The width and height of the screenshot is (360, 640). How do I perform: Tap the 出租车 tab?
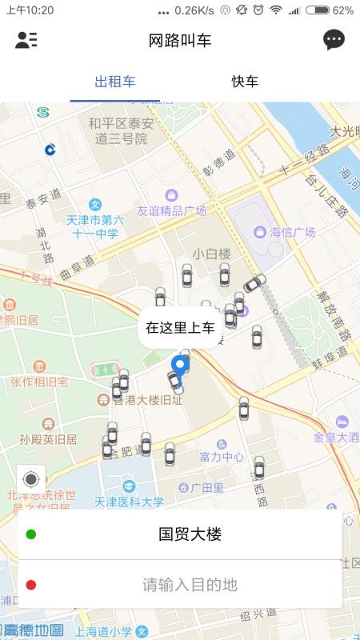[114, 82]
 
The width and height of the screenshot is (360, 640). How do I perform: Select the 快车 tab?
[245, 82]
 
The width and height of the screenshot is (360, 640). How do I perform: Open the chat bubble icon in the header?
[334, 40]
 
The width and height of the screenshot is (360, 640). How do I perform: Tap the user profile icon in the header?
[26, 40]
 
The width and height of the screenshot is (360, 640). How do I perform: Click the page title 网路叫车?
[180, 41]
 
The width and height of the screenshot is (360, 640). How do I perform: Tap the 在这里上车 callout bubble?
[180, 327]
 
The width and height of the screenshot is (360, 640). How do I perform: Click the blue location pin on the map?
[182, 367]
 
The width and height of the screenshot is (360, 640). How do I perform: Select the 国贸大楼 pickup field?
[190, 534]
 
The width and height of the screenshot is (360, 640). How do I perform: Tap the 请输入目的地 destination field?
[190, 585]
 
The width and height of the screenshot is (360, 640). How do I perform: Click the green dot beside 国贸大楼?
[30, 534]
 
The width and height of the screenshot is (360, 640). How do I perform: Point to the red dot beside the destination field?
[30, 585]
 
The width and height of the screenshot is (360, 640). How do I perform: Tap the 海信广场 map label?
[291, 232]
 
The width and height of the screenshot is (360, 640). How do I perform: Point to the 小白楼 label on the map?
[211, 254]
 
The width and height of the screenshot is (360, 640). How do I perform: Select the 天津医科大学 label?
[129, 502]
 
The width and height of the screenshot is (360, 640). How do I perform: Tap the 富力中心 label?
[222, 457]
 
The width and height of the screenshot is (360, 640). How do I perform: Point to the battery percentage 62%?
[342, 10]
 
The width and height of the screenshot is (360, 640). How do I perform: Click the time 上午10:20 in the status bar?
[30, 10]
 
